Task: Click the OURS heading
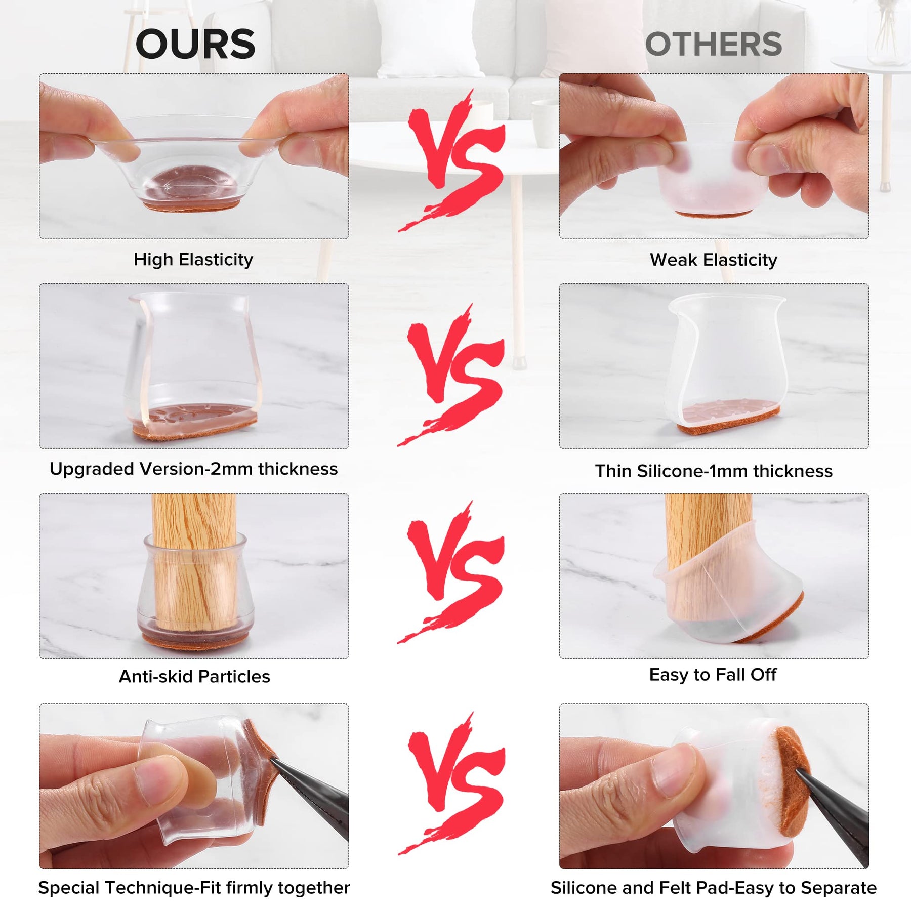(195, 44)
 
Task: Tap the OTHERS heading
(714, 44)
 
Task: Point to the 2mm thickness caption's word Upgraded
(92, 470)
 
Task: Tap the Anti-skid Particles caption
(194, 677)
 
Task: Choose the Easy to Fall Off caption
(713, 675)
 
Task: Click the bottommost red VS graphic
(453, 783)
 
